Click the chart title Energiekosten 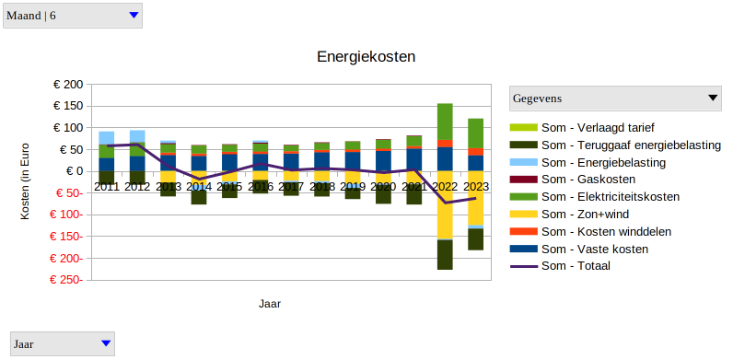(x=366, y=57)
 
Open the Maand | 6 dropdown (x=72, y=15)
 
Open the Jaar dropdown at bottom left (x=61, y=343)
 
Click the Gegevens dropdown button (x=615, y=98)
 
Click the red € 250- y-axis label (x=67, y=280)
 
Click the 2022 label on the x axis (x=445, y=187)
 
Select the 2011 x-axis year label (x=107, y=187)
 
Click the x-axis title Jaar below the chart (x=270, y=303)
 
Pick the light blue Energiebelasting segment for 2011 (x=107, y=138)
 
